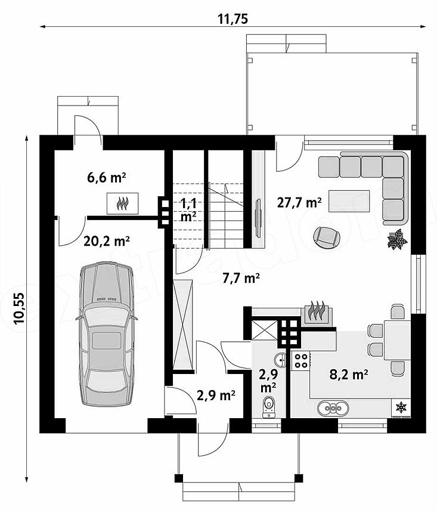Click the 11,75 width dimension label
[x=233, y=19]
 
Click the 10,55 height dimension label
[x=19, y=308]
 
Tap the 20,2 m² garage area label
[x=107, y=241]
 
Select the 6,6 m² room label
[x=107, y=178]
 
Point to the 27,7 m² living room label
[x=299, y=202]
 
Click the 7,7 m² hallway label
[x=241, y=278]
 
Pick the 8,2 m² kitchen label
[x=349, y=374]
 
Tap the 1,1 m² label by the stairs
[x=188, y=210]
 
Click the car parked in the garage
[x=107, y=333]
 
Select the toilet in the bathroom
[x=269, y=407]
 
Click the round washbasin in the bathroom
[x=280, y=360]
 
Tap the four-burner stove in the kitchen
[x=301, y=360]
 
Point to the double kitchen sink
[x=333, y=408]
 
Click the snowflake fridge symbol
[x=401, y=407]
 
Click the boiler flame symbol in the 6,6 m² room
[x=122, y=203]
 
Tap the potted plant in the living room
[x=397, y=239]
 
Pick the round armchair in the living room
[x=327, y=237]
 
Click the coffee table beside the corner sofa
[x=349, y=201]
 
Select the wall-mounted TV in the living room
[x=258, y=217]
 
